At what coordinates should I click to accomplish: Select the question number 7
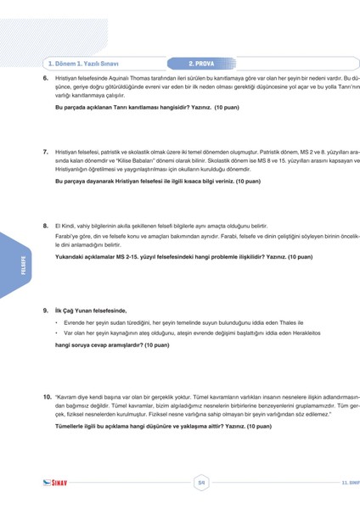coord(45,151)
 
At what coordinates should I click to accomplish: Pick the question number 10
coord(47,397)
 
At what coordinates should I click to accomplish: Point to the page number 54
coord(201,484)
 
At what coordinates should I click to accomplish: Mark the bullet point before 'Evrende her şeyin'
coord(55,323)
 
